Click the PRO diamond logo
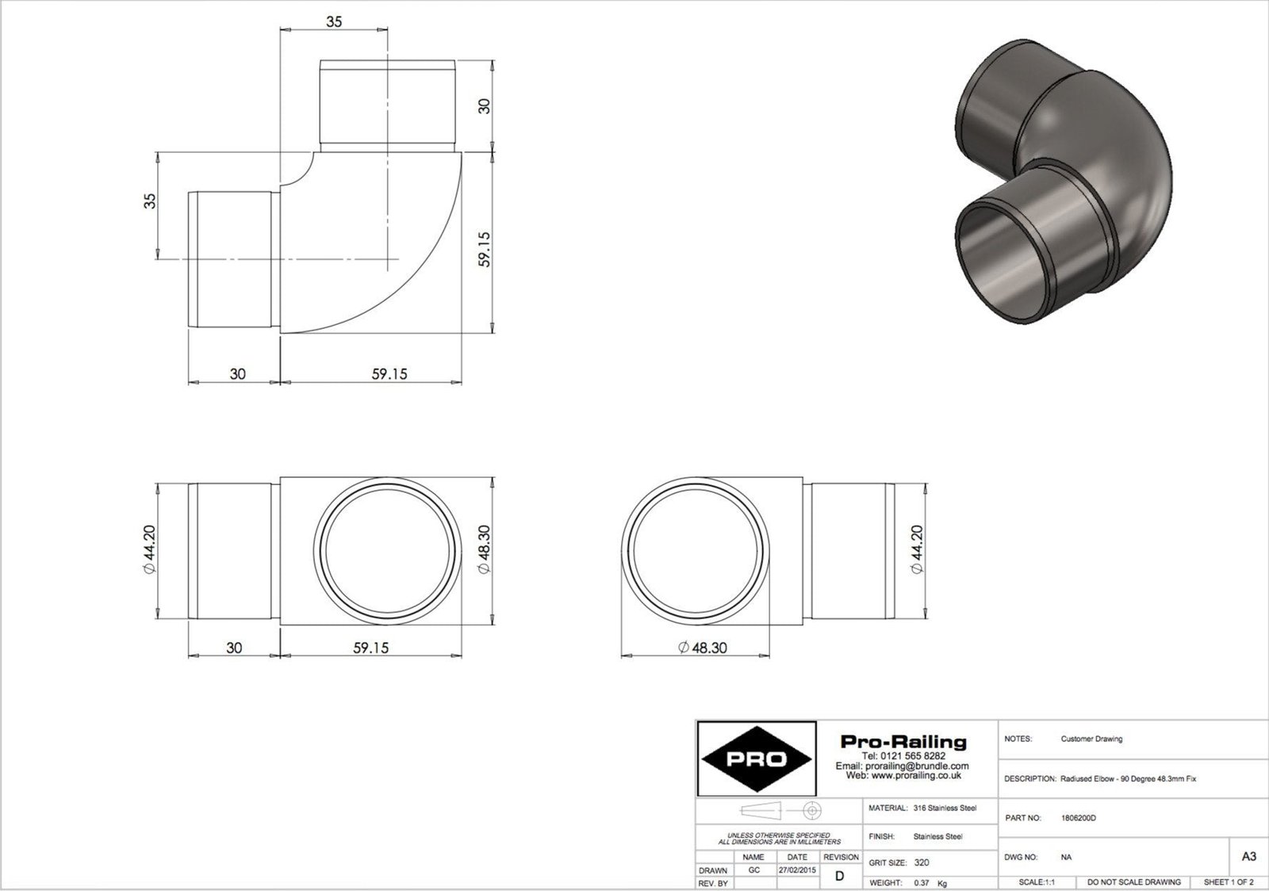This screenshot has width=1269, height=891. (x=757, y=759)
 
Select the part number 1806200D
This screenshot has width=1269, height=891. (x=1078, y=818)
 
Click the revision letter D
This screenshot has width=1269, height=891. (x=840, y=876)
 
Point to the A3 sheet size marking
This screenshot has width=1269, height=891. (x=1248, y=857)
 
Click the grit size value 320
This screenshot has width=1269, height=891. (x=922, y=862)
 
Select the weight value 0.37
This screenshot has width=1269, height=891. (x=921, y=882)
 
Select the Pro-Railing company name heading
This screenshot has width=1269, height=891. (x=903, y=742)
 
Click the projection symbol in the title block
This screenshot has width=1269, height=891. (x=780, y=811)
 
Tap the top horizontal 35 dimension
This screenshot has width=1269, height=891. (x=334, y=22)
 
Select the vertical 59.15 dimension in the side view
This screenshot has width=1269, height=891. (x=485, y=248)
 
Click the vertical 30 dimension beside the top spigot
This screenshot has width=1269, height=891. (x=485, y=105)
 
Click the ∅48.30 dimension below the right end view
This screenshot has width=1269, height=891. (x=702, y=648)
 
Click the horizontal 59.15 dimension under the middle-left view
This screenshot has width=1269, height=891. (x=370, y=648)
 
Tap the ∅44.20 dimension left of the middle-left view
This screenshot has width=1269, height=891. (x=148, y=549)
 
